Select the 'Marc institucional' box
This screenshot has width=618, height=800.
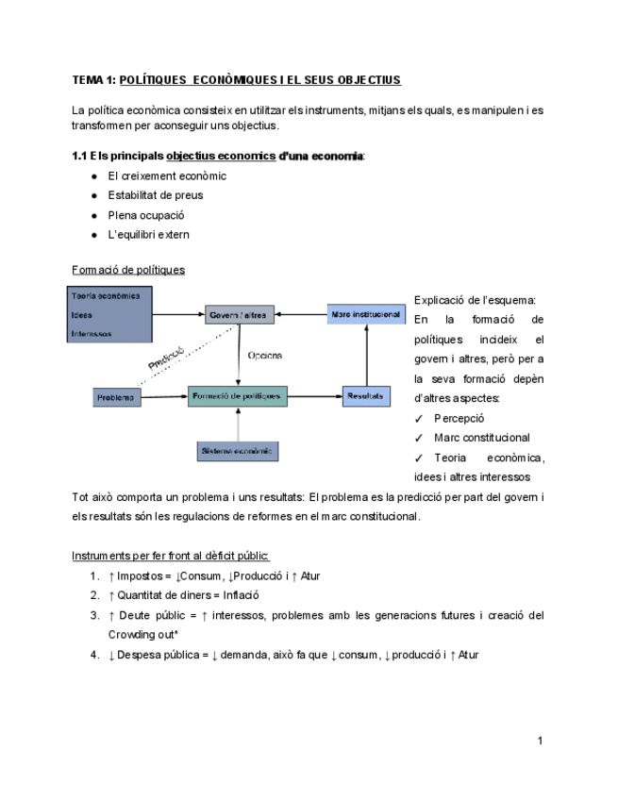(366, 313)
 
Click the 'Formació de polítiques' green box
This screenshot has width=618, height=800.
(238, 396)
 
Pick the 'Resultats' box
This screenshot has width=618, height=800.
(365, 396)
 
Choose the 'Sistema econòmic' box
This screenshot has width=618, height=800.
(238, 451)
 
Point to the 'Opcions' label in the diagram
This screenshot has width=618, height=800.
(264, 356)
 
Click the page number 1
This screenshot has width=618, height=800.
(540, 741)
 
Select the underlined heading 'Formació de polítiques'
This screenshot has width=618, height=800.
(128, 270)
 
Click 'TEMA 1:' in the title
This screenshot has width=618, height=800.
(93, 79)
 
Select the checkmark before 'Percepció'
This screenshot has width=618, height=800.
(419, 418)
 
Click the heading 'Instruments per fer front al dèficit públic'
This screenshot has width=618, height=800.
(171, 556)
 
